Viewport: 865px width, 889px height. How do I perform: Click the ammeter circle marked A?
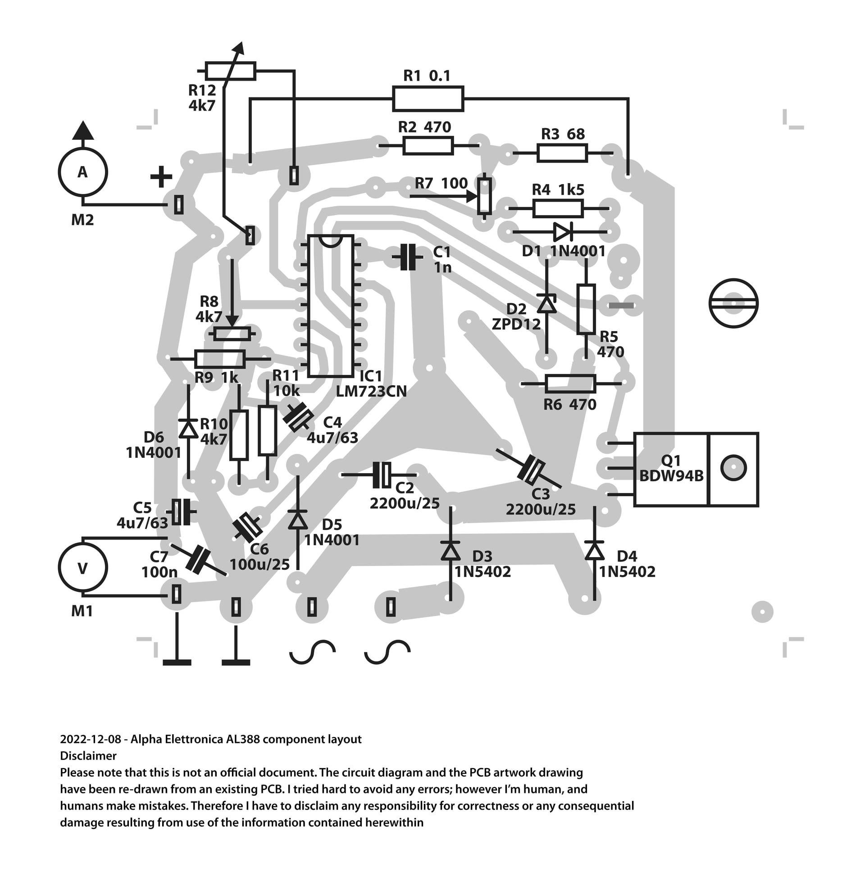point(83,172)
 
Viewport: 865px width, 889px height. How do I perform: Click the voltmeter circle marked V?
point(83,568)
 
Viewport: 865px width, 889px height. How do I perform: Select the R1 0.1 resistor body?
point(428,99)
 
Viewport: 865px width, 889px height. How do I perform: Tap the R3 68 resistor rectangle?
point(562,153)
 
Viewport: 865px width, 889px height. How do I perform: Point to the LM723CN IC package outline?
point(330,305)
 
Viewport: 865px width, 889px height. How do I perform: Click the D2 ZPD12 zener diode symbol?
point(546,304)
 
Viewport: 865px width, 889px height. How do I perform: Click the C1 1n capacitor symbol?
point(408,258)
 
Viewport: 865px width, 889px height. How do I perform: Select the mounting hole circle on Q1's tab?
point(733,468)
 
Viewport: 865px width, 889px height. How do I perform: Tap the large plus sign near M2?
point(161,177)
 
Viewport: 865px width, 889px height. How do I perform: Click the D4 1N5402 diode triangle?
point(594,551)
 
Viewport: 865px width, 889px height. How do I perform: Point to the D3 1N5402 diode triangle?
point(451,551)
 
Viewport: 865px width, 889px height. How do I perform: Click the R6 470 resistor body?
point(570,384)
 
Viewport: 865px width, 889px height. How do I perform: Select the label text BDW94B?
point(671,476)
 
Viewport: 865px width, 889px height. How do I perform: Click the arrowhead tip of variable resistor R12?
point(241,46)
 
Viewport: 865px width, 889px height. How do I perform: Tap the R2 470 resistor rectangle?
point(428,146)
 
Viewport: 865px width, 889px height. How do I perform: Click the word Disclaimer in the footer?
point(88,756)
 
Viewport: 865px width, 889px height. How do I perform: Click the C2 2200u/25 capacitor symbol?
point(382,475)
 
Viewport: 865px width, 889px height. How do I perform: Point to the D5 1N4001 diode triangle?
point(298,519)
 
